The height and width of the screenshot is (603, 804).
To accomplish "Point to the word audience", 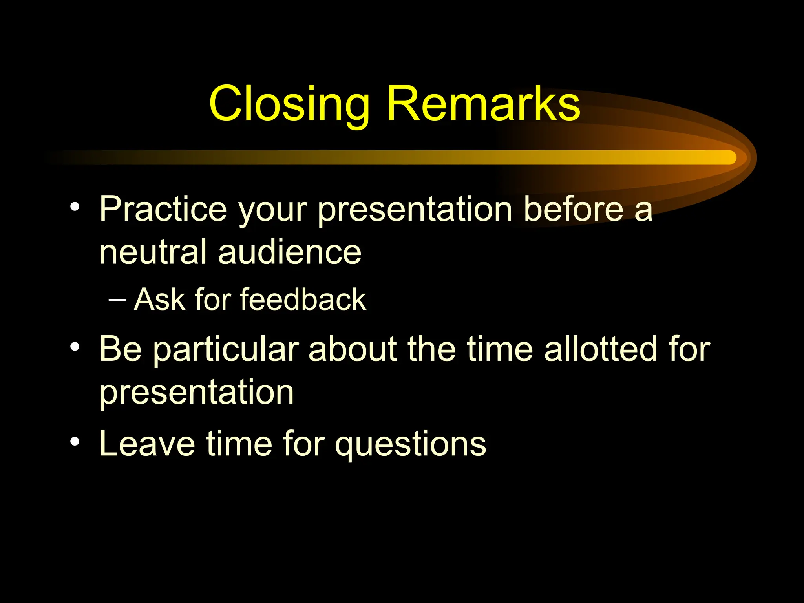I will point(289,252).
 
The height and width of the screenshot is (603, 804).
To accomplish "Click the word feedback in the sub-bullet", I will point(303,300).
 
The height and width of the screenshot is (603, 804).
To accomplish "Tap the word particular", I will point(226,349).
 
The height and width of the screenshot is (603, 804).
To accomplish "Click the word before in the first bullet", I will point(573,209).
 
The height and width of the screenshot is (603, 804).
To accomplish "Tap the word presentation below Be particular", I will point(196,393).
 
